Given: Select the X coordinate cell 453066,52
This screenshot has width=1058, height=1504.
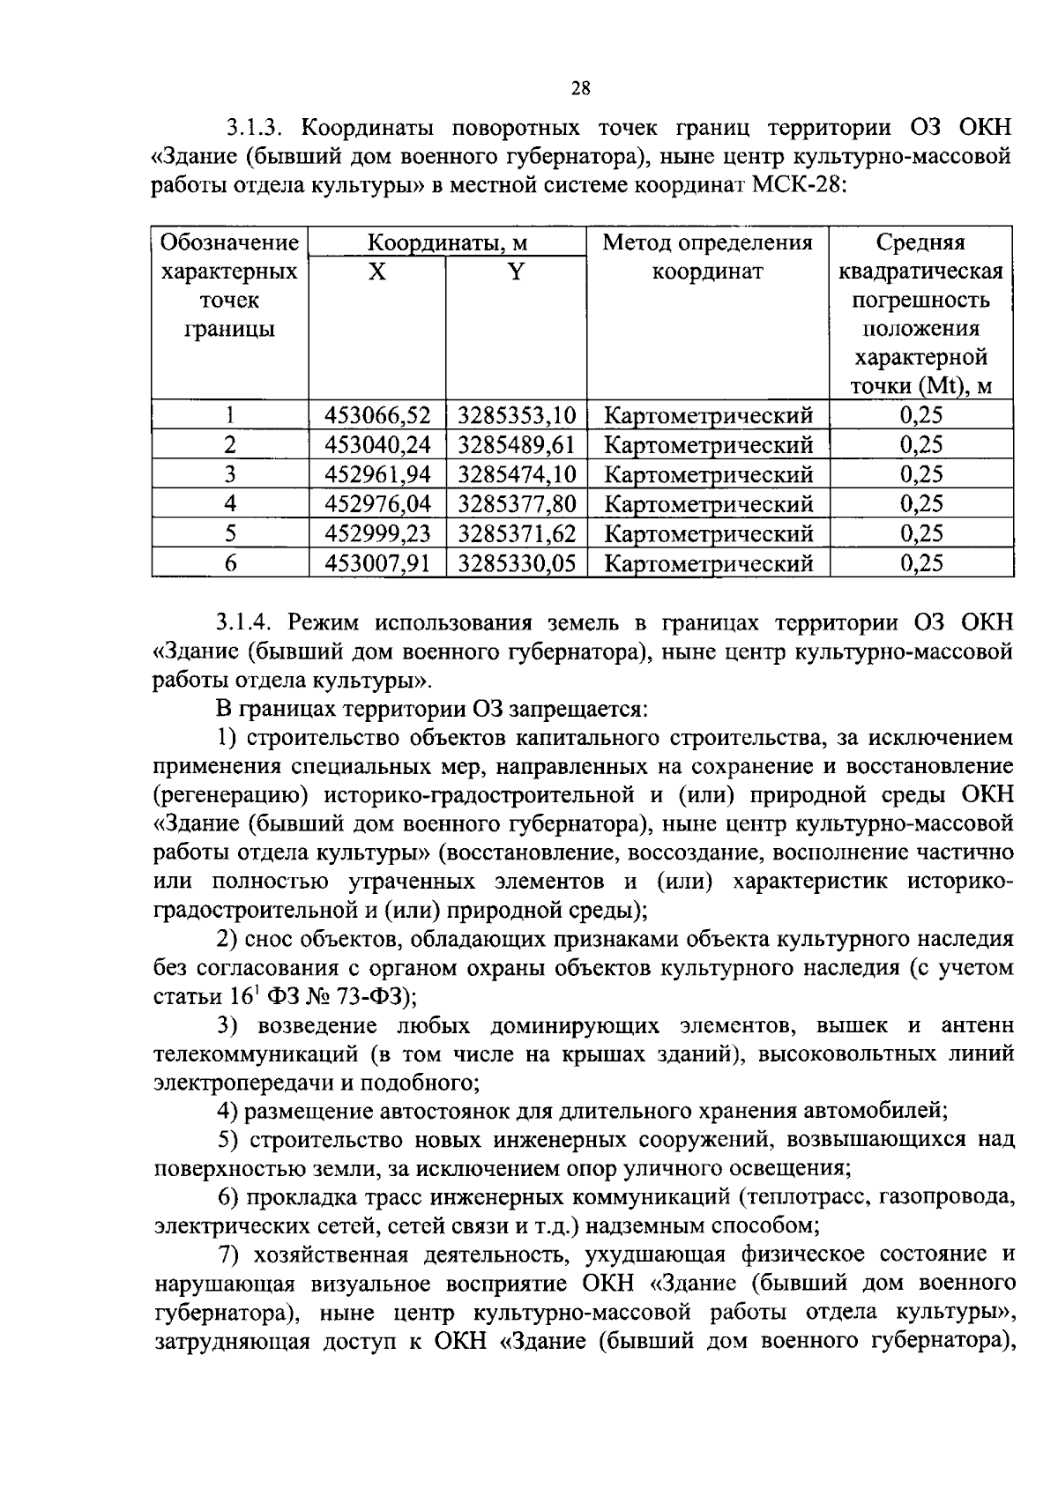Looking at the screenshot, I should tap(377, 415).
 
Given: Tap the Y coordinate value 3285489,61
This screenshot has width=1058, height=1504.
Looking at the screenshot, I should tap(517, 445).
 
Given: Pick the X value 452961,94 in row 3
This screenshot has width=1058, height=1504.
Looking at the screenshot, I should tap(377, 475).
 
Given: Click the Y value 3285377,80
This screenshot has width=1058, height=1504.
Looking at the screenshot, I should tap(517, 504).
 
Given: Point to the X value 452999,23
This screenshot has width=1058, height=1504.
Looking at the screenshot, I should tap(377, 533).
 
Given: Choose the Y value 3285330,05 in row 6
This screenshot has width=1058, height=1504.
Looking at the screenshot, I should tap(517, 563).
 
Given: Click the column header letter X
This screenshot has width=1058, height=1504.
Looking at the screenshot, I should tap(376, 272).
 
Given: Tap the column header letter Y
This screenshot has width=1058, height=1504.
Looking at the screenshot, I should tap(516, 272).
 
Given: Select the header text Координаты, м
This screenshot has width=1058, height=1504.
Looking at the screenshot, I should tap(447, 242).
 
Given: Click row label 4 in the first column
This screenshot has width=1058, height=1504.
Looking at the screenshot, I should tap(230, 504).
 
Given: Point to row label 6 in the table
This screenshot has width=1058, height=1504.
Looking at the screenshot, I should tap(230, 563).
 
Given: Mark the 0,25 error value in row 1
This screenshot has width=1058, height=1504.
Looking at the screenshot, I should tap(921, 415).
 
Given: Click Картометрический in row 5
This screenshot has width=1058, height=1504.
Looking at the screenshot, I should tap(709, 533).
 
